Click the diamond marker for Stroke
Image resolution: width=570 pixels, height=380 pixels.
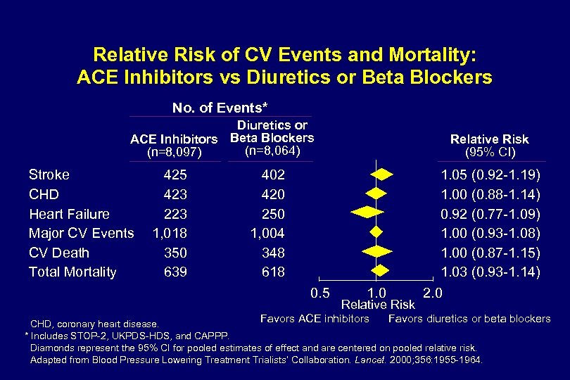pyautogui.click(x=380, y=173)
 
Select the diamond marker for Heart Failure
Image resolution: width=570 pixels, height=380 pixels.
pyautogui.click(x=371, y=212)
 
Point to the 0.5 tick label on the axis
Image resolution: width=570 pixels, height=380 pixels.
pyautogui.click(x=320, y=291)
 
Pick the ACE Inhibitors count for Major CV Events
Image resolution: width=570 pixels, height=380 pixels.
pyautogui.click(x=170, y=233)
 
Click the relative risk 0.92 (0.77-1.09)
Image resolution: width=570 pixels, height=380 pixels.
pyautogui.click(x=490, y=214)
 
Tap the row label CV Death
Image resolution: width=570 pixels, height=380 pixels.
pyautogui.click(x=60, y=253)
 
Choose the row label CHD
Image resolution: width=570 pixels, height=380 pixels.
pyautogui.click(x=44, y=194)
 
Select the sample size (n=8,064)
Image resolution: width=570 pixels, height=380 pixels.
pyautogui.click(x=272, y=151)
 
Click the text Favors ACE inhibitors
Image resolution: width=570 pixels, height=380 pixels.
pyautogui.click(x=315, y=319)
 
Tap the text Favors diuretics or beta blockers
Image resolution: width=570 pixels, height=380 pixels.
pyautogui.click(x=469, y=319)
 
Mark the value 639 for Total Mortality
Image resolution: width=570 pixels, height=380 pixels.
pyautogui.click(x=175, y=272)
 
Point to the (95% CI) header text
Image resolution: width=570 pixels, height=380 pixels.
pyautogui.click(x=490, y=153)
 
